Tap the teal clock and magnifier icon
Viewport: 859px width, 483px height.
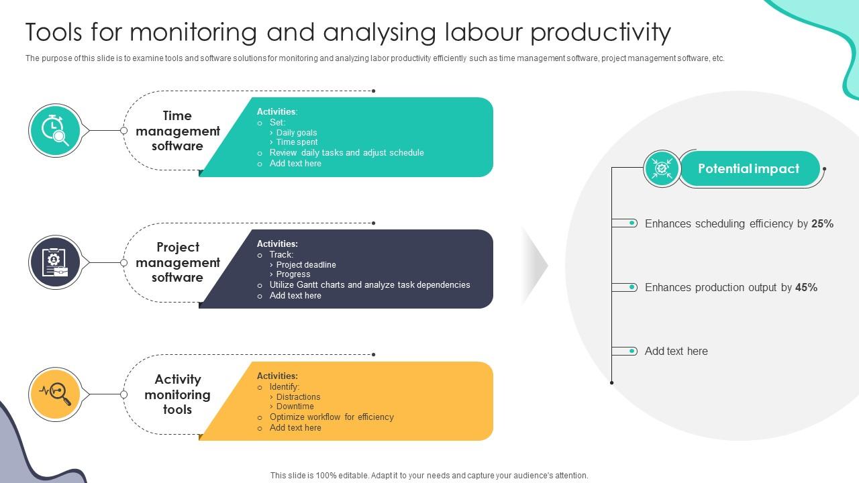point(55,130)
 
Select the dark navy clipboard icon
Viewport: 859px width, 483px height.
point(55,262)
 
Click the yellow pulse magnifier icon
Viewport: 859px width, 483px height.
point(55,394)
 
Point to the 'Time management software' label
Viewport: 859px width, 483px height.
point(177,131)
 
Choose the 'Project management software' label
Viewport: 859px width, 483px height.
point(177,262)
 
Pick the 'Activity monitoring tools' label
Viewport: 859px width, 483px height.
point(177,394)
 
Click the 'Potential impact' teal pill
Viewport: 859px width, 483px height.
point(749,168)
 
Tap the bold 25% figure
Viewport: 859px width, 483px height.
point(822,224)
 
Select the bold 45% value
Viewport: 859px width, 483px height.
point(806,288)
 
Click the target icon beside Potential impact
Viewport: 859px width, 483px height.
point(662,168)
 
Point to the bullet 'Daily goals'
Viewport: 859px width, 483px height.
point(297,133)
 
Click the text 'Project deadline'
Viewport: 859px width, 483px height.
point(306,265)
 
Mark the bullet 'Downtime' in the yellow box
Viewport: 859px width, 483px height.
point(295,407)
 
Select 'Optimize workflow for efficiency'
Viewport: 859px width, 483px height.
point(332,417)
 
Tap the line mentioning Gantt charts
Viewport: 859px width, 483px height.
point(370,285)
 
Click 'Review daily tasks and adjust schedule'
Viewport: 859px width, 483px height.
point(346,153)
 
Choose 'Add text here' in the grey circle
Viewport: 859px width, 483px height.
point(676,352)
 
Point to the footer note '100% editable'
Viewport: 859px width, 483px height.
point(429,476)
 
